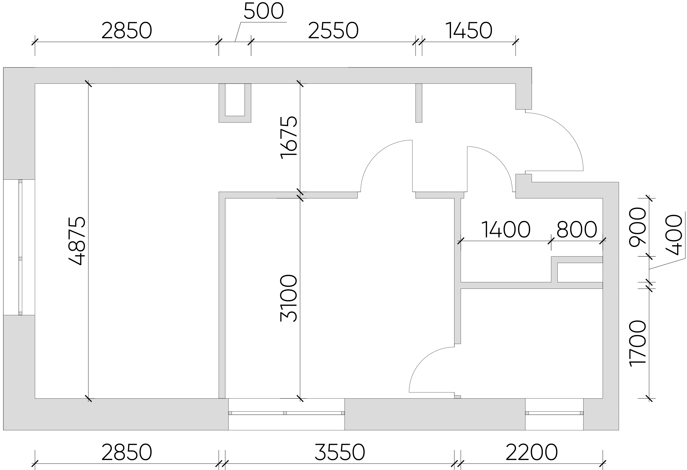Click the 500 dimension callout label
(x=264, y=12)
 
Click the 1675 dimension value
(x=288, y=138)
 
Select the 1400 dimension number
(x=506, y=230)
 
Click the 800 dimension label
(x=577, y=230)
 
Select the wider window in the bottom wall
(x=287, y=414)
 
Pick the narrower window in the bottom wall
(x=554, y=414)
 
